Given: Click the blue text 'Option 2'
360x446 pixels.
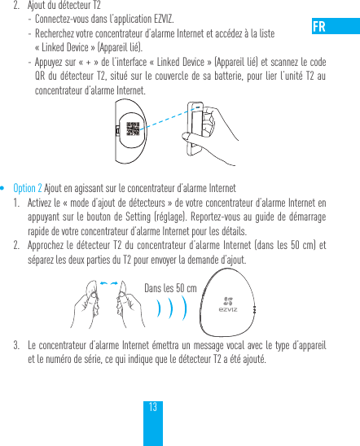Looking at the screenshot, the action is click(28, 186).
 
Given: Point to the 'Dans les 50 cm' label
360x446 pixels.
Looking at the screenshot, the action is click(169, 288).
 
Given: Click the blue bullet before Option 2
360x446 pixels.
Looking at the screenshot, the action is click(6, 186).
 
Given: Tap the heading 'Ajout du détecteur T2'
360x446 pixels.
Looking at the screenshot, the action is click(63, 6).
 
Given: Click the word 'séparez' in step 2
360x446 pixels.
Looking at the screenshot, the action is click(44, 260).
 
